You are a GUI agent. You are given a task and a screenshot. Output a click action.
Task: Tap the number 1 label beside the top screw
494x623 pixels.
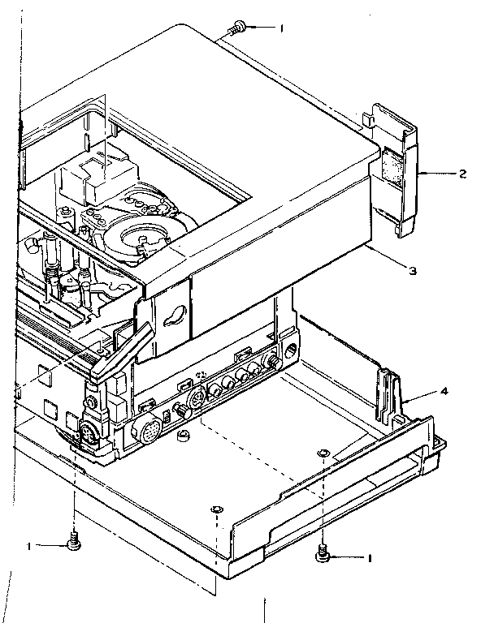point(281,29)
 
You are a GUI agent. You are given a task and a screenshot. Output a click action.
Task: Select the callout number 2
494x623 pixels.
point(461,174)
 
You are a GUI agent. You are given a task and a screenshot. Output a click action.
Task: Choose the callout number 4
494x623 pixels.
point(443,392)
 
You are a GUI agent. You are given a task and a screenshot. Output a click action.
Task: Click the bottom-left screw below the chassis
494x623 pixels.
point(74,541)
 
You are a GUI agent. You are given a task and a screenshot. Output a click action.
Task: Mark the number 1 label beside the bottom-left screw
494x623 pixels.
point(29,547)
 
